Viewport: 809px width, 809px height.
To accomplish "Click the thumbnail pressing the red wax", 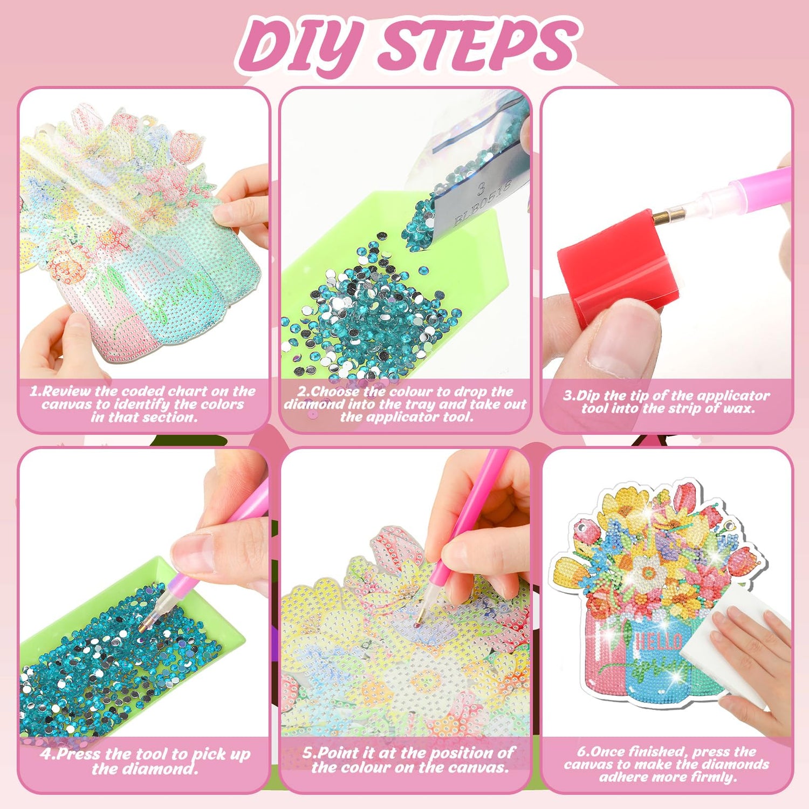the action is click(x=626, y=340).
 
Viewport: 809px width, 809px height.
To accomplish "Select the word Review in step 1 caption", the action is click(x=67, y=392).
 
